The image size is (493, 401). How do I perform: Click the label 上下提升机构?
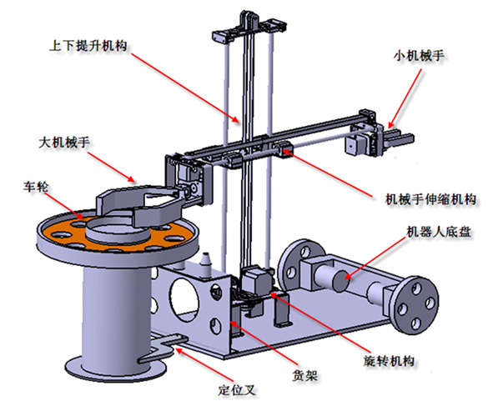click(88, 46)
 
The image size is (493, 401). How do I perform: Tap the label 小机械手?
click(419, 56)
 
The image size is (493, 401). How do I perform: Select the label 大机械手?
click(65, 143)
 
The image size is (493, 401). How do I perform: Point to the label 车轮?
click(36, 187)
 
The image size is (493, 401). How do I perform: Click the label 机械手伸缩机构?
click(430, 199)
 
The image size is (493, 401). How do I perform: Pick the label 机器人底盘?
click(439, 232)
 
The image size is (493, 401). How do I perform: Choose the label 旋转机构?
click(389, 361)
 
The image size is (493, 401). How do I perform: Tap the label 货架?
click(304, 375)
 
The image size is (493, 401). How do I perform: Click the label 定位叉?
click(237, 390)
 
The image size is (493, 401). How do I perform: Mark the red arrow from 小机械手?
click(405, 98)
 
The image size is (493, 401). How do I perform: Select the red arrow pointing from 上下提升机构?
click(184, 88)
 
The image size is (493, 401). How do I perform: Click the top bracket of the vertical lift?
click(250, 27)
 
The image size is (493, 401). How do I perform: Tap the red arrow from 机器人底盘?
click(375, 258)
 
